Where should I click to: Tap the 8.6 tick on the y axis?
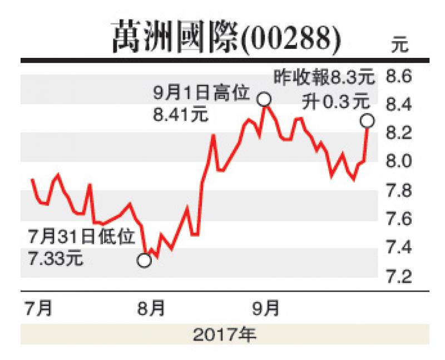pos(399,76)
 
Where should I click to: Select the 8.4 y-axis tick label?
pos(399,104)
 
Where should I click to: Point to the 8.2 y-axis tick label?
pos(399,132)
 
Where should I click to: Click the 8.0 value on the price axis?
pos(399,161)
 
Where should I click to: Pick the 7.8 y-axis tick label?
pos(399,191)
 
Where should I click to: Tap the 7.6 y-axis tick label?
pos(399,219)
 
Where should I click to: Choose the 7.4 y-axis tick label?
pos(399,247)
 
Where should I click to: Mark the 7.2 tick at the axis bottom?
pos(399,277)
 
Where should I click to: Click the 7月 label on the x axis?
pos(39,308)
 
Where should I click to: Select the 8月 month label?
pos(151,308)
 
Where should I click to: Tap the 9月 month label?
pos(266,308)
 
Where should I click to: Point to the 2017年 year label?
pos(225,335)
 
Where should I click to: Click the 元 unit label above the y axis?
pos(399,45)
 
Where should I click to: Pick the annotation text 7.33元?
pos(56,259)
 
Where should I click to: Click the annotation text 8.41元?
pos(181,115)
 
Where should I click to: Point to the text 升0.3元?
pos(336,102)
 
